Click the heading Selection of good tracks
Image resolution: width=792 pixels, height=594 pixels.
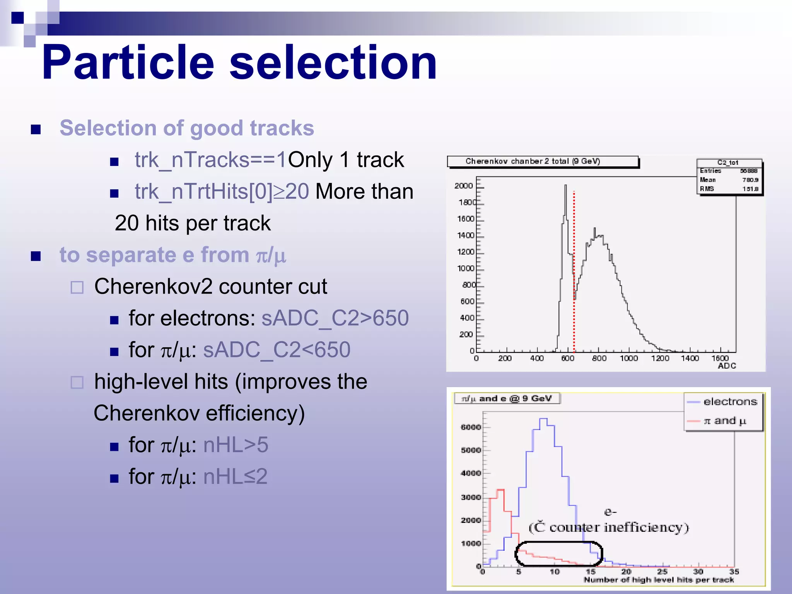[187, 128]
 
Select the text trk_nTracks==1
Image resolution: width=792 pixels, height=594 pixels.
[211, 160]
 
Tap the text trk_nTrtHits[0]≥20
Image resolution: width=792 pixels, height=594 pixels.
[222, 191]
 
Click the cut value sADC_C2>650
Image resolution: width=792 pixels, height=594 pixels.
[335, 318]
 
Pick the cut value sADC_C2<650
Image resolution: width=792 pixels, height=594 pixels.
[277, 350]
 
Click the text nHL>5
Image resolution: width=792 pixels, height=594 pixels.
[236, 445]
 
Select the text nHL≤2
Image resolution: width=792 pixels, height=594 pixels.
[235, 476]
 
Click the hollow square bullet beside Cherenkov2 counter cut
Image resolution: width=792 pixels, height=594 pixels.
[77, 287]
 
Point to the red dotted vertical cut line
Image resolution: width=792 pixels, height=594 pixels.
[574, 271]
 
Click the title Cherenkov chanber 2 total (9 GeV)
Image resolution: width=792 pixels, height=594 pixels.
[533, 161]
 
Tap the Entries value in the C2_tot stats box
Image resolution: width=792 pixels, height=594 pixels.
[749, 171]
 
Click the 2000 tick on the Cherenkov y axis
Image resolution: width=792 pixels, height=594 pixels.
[464, 186]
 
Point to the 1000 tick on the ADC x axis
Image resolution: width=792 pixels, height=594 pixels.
[629, 358]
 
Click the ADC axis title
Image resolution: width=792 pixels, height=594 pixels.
[727, 366]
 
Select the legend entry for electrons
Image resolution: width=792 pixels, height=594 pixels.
[730, 402]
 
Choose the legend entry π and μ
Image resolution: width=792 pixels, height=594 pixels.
[724, 421]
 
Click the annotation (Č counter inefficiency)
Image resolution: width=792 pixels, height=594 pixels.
[609, 527]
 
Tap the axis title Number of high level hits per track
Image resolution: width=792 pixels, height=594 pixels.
[659, 580]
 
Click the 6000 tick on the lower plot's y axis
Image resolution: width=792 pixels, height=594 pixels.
[471, 427]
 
